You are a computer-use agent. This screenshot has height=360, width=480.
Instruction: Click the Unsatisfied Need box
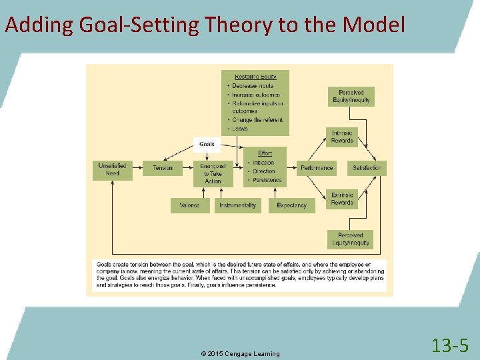[x=111, y=171]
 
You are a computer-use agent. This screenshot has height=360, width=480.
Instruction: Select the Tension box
[x=162, y=168]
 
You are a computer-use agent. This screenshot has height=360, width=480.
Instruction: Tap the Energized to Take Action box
[x=213, y=173]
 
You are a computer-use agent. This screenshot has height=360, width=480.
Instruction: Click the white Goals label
[x=207, y=144]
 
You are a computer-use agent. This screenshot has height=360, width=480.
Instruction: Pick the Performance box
[x=317, y=168]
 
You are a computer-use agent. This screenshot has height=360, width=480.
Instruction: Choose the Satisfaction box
[x=367, y=168]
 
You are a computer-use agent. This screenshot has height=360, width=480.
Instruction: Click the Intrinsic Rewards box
[x=342, y=137]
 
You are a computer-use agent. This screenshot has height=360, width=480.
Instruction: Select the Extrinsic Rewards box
[x=342, y=199]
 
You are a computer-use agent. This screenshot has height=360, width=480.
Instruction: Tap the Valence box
[x=189, y=205]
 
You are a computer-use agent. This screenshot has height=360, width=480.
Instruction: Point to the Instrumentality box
[x=237, y=205]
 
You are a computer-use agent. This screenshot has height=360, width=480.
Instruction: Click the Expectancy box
[x=291, y=205]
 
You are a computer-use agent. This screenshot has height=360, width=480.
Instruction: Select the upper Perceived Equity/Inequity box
[x=351, y=97]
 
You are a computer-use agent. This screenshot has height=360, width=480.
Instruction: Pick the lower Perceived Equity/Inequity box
[x=350, y=239]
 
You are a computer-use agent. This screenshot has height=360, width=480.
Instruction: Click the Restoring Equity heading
[x=255, y=77]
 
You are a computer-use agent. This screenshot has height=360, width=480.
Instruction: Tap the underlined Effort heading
[x=265, y=154]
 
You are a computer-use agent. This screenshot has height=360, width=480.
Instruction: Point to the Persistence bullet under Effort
[x=267, y=180]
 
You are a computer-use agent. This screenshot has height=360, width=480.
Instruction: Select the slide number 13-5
[x=450, y=345]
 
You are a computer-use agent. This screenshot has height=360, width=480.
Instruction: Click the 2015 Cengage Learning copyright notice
[x=241, y=353]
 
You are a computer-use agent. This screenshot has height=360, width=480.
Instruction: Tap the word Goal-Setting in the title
[x=139, y=25]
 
